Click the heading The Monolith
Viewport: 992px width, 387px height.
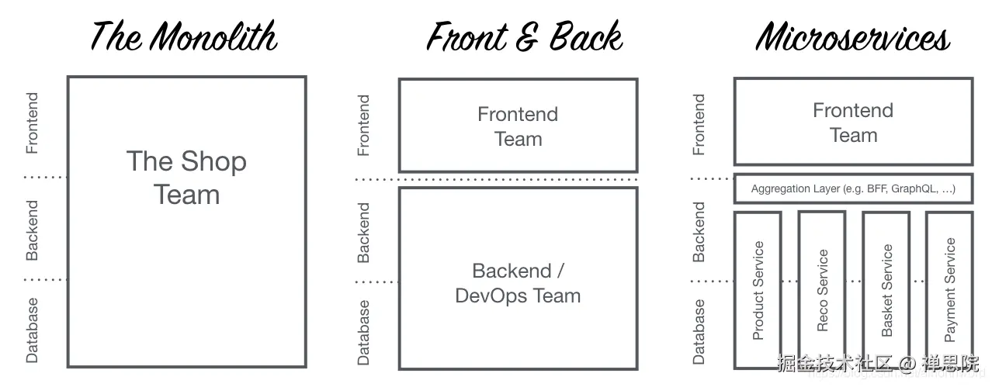tap(184, 36)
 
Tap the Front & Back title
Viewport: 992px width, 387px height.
tap(525, 36)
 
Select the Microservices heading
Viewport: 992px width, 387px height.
tap(853, 36)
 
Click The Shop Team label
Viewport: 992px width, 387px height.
tap(186, 178)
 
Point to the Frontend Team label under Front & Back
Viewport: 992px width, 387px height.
tap(518, 126)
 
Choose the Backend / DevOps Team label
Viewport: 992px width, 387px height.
tap(518, 283)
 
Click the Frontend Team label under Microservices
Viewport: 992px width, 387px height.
tap(853, 123)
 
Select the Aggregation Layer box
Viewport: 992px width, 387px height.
tap(853, 188)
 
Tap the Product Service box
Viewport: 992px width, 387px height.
tap(758, 290)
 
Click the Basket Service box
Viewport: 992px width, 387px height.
tap(886, 290)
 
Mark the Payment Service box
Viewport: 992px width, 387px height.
tap(949, 290)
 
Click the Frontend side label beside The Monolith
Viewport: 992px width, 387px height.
tap(32, 123)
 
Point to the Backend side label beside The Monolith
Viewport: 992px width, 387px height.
tap(32, 230)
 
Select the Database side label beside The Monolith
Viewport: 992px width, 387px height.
tap(32, 331)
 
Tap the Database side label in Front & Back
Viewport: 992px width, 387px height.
tap(363, 333)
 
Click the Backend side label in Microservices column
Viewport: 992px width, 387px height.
tap(699, 232)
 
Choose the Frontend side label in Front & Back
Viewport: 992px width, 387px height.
tap(363, 126)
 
